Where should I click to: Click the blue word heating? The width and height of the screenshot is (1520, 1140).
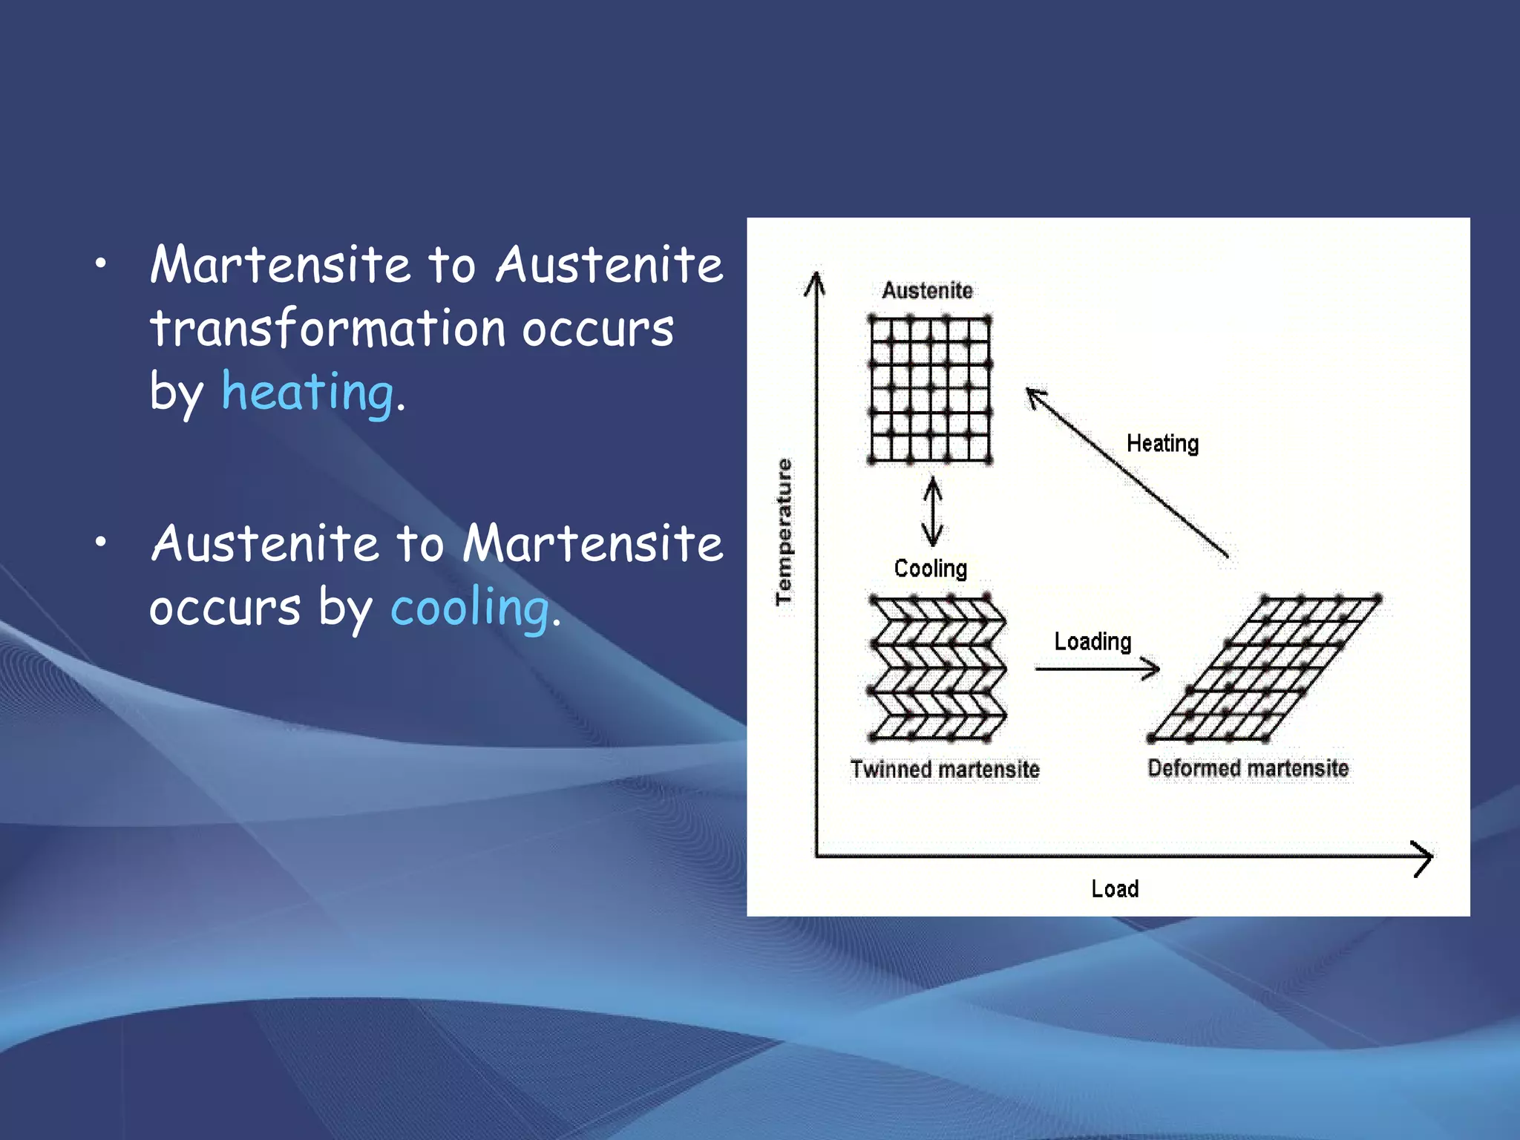[x=307, y=392]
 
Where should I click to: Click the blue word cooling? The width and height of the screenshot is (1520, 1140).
[x=470, y=607]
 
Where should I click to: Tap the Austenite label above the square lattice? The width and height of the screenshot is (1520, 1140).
[x=927, y=290]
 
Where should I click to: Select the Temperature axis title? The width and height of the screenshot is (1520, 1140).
[x=784, y=531]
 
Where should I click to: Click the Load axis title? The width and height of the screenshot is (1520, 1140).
[x=1115, y=888]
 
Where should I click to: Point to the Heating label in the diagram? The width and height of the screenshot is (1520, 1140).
[x=1162, y=443]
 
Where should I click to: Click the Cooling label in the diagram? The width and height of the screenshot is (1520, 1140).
[x=930, y=569]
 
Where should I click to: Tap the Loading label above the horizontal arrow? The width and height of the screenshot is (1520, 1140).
[x=1092, y=641]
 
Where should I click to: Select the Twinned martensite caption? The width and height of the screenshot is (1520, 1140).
[x=945, y=769]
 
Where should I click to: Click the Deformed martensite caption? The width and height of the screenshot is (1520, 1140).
[x=1248, y=767]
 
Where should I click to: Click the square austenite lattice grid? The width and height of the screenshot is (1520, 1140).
[x=930, y=390]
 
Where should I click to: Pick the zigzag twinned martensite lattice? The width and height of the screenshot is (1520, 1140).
[x=937, y=668]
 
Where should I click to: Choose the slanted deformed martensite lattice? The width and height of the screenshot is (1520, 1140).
[x=1265, y=668]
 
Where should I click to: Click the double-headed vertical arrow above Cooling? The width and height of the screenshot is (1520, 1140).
[x=932, y=512]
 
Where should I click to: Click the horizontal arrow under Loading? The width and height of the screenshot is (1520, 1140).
[x=1097, y=669]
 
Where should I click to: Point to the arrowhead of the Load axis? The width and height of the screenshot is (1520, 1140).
[x=1422, y=858]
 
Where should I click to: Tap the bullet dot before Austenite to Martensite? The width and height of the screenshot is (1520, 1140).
[x=101, y=543]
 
